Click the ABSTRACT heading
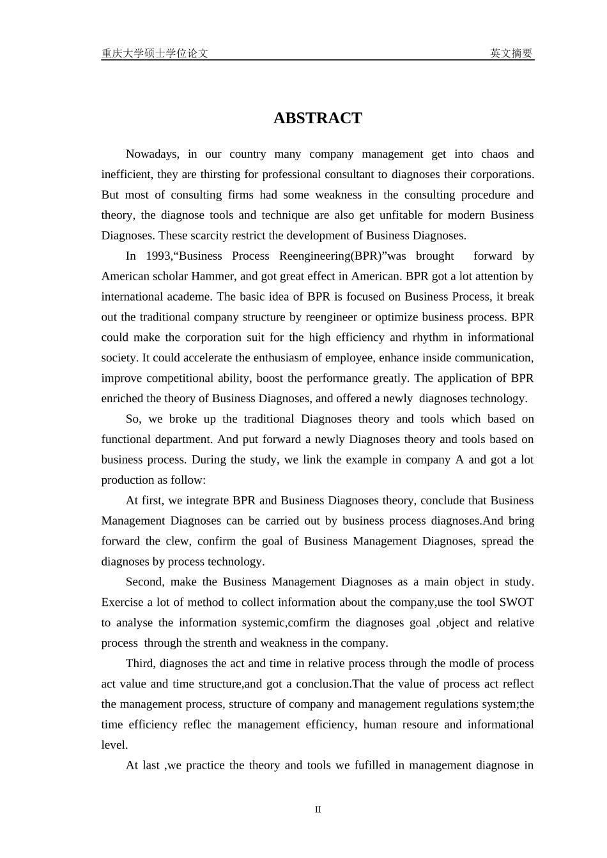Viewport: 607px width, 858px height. (x=318, y=118)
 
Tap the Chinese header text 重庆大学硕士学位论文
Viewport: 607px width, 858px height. (x=155, y=54)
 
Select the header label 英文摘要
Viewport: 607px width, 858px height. (x=511, y=54)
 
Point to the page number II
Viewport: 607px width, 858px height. (x=318, y=809)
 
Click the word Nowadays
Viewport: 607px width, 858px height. (x=152, y=154)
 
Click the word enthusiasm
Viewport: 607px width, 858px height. (x=290, y=357)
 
